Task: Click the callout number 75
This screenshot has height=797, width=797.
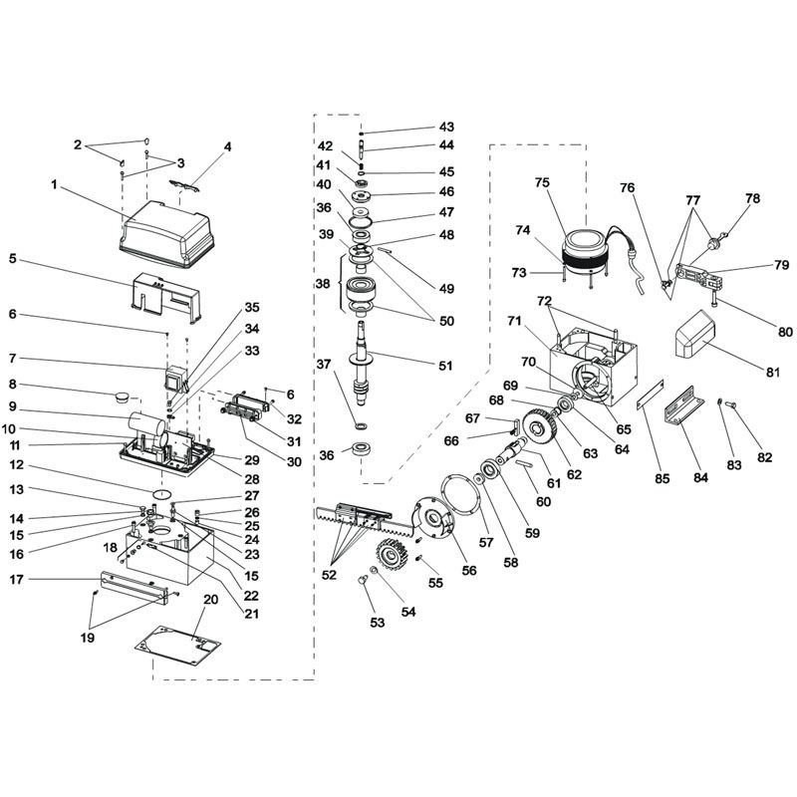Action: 542,183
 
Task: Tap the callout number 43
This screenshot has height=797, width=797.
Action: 445,128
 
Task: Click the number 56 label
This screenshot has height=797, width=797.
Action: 468,570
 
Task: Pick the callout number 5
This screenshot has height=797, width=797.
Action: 13,259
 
